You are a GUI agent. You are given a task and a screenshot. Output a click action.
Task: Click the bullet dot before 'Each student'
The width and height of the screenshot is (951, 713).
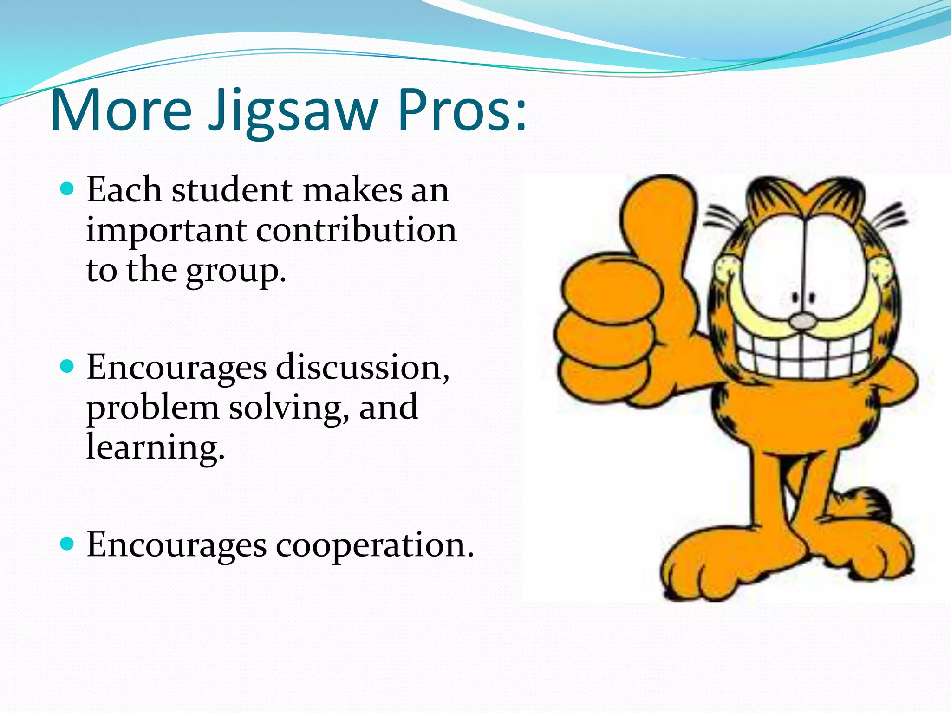click(x=68, y=189)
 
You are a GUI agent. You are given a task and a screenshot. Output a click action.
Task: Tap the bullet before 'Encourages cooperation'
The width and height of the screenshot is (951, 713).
click(x=68, y=544)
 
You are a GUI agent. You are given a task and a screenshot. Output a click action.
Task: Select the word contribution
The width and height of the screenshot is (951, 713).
click(x=356, y=230)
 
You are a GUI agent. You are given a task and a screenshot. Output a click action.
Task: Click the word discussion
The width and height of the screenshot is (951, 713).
click(x=362, y=368)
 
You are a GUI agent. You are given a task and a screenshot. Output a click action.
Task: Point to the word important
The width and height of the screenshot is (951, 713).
click(x=166, y=231)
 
